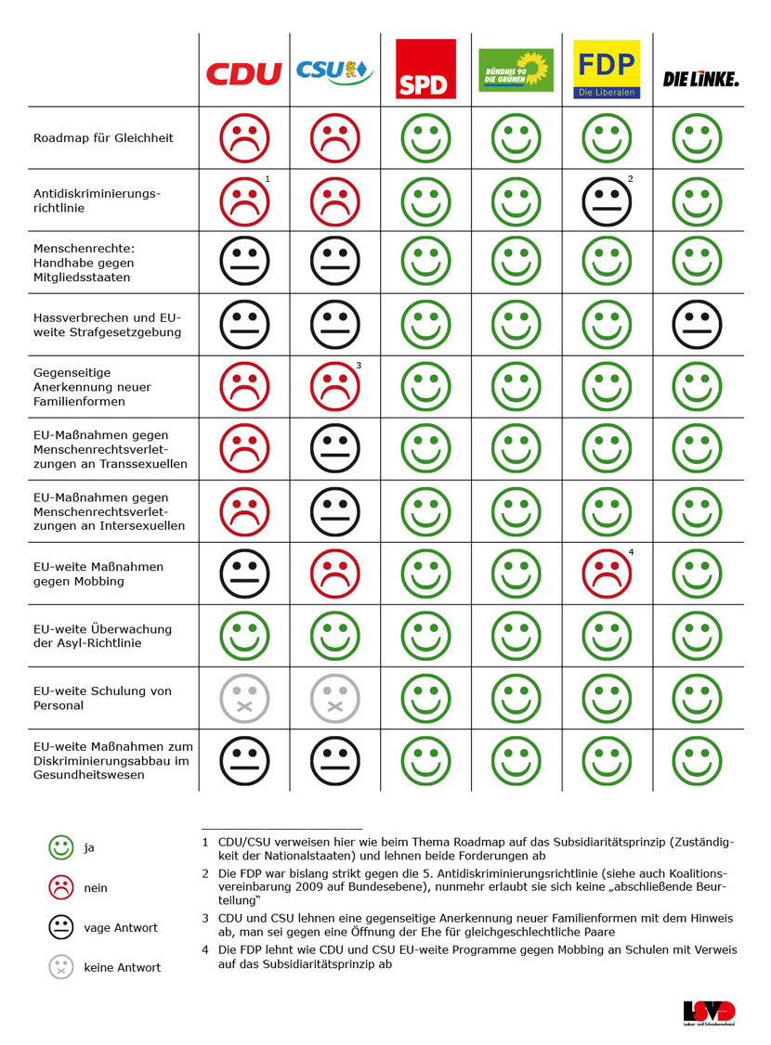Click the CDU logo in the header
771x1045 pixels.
(x=243, y=73)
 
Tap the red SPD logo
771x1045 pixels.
(x=425, y=69)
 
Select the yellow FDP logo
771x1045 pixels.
(x=607, y=69)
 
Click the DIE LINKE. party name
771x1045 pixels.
(x=700, y=79)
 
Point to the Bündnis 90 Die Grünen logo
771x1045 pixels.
(x=516, y=71)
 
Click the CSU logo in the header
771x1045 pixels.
(x=333, y=71)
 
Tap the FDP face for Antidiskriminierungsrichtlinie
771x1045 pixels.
(x=607, y=200)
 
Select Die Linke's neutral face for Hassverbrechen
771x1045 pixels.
(x=698, y=325)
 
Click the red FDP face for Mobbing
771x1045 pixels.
(x=607, y=574)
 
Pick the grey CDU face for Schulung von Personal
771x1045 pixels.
(x=244, y=698)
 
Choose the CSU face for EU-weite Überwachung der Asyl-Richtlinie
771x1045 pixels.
(x=334, y=636)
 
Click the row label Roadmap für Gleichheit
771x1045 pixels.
(x=103, y=138)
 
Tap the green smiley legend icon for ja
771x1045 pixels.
(x=61, y=847)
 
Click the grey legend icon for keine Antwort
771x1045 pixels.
(x=61, y=967)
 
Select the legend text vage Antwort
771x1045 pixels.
(x=121, y=928)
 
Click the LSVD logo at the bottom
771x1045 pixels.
(x=709, y=1013)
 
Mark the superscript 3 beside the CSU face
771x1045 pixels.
(x=359, y=366)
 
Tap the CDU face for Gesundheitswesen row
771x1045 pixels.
(x=244, y=760)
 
